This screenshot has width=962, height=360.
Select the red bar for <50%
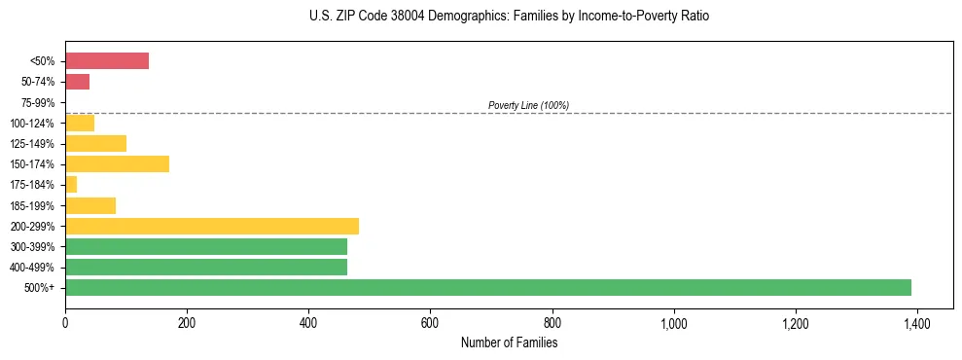pos(107,61)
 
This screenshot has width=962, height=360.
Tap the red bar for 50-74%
pos(77,82)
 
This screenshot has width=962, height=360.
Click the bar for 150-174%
pos(117,163)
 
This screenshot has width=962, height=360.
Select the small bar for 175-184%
pos(71,184)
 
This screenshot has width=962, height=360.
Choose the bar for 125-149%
pos(95,143)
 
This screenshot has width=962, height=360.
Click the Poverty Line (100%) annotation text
pos(528,105)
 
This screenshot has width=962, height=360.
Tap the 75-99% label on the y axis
pos(37,102)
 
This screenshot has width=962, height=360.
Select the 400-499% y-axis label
pos(34,267)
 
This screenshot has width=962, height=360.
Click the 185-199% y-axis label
pos(34,205)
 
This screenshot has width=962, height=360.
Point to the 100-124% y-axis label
pos(34,123)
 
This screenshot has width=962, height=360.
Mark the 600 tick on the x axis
pos(430,322)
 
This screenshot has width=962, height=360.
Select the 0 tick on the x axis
pos(65,322)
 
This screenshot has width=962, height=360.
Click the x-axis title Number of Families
pos(509,342)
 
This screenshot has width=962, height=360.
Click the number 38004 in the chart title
pos(386,17)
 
